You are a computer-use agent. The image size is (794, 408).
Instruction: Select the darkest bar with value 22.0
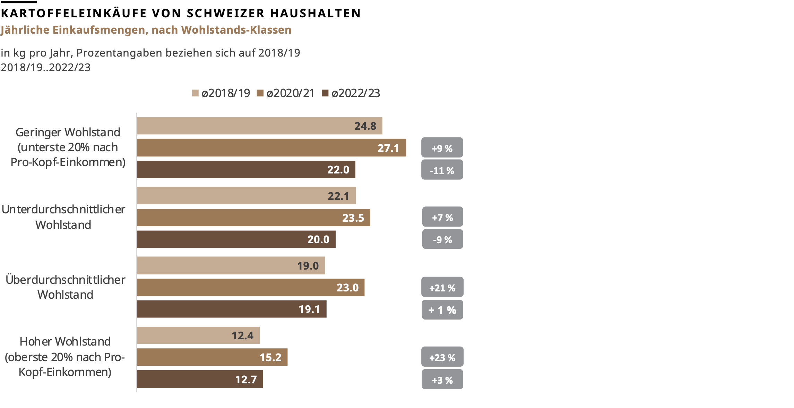(x=245, y=170)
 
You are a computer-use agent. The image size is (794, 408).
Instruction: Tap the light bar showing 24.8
(x=259, y=126)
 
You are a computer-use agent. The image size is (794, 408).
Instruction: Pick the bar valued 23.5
(x=253, y=218)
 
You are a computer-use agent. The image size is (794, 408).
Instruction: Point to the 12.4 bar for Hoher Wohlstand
(x=198, y=335)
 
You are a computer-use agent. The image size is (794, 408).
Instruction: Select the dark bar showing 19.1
(x=231, y=309)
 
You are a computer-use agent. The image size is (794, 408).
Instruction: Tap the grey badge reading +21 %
(x=442, y=287)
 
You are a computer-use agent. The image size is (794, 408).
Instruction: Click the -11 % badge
(x=442, y=170)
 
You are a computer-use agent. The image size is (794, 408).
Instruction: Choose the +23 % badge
(x=442, y=357)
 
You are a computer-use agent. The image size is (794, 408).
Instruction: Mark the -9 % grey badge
(x=442, y=239)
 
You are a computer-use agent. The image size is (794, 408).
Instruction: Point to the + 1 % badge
(x=442, y=310)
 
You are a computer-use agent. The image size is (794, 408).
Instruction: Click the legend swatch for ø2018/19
(x=195, y=93)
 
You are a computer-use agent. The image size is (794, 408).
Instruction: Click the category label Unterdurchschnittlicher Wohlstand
(x=63, y=217)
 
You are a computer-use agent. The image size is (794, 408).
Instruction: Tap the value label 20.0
(x=318, y=239)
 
